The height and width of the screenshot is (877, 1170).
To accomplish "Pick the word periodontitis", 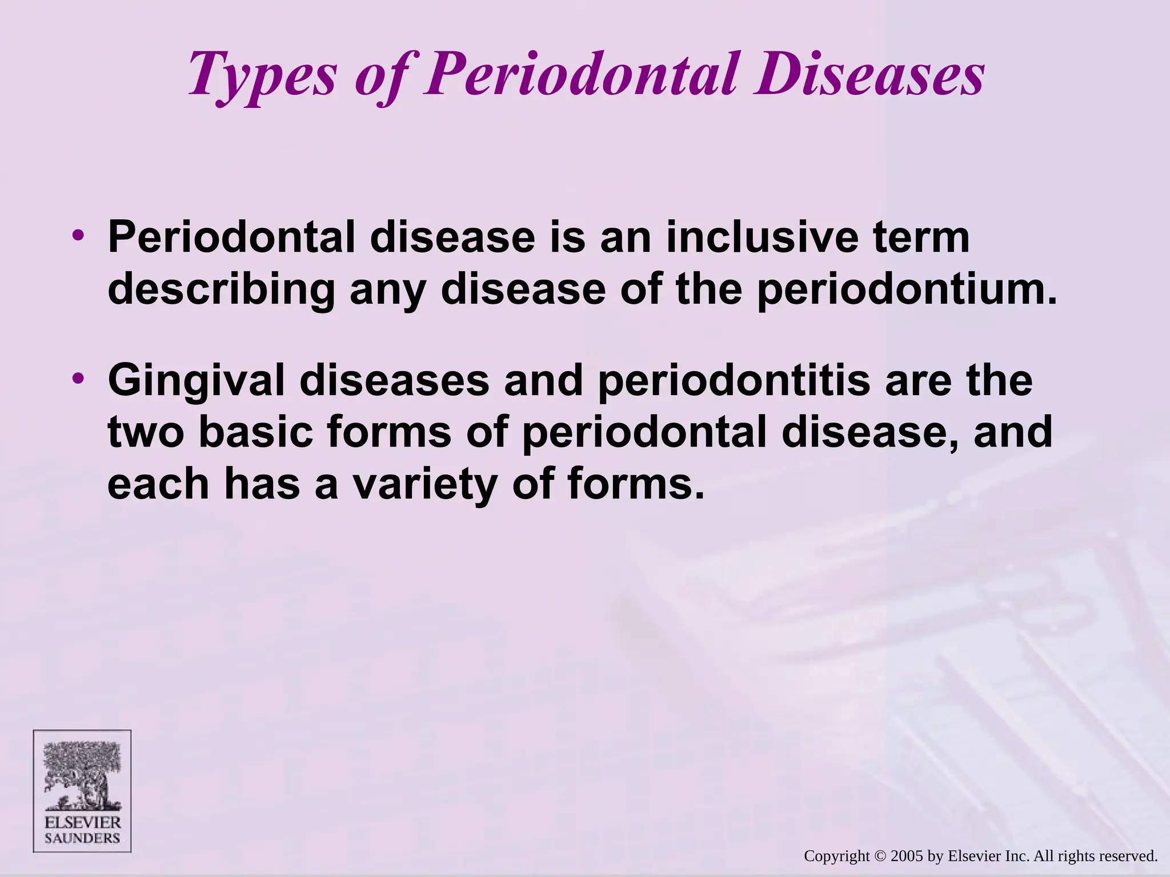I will [734, 381].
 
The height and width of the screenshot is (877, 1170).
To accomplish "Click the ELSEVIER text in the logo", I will [82, 823].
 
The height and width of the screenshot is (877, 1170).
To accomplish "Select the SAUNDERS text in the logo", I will [82, 838].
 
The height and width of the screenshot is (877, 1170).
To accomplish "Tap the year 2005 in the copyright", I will [907, 856].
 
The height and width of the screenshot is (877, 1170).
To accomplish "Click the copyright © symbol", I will [880, 856].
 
